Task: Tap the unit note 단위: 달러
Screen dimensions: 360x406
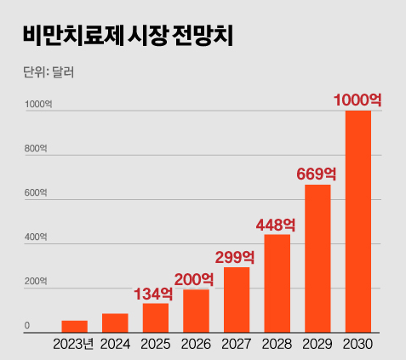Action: tap(49, 72)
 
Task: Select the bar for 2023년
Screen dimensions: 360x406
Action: tap(74, 326)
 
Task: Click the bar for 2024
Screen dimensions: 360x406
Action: tap(115, 323)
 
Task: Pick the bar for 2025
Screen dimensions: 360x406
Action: tap(156, 317)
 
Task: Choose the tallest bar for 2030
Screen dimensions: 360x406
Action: tap(358, 221)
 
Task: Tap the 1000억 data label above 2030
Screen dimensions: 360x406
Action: tap(357, 100)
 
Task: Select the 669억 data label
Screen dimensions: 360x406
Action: tap(317, 174)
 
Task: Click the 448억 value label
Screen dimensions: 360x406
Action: tap(277, 225)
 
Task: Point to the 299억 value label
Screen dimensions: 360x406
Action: tap(235, 257)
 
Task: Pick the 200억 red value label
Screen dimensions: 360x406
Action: tap(195, 278)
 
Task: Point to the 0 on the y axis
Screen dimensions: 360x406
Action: tap(27, 326)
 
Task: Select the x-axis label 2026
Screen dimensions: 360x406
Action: tap(197, 345)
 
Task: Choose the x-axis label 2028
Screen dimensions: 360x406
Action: tap(277, 345)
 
